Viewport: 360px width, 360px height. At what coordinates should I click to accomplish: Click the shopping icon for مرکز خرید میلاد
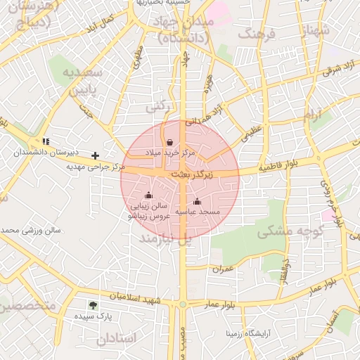click(170, 142)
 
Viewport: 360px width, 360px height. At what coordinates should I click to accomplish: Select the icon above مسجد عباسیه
click(196, 202)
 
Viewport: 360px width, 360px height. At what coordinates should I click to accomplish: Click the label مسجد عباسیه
click(198, 212)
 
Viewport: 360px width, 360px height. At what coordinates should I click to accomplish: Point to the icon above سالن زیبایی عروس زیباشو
click(148, 195)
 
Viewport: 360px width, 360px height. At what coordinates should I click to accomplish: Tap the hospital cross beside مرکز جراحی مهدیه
click(96, 155)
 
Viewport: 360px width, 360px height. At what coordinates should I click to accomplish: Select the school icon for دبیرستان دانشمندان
click(46, 141)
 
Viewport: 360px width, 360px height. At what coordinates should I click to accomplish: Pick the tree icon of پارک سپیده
click(93, 305)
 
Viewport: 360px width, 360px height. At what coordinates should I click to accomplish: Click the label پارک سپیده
click(92, 317)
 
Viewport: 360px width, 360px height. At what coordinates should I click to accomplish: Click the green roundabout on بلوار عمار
click(183, 304)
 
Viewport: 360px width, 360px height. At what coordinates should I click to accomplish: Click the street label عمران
click(222, 268)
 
